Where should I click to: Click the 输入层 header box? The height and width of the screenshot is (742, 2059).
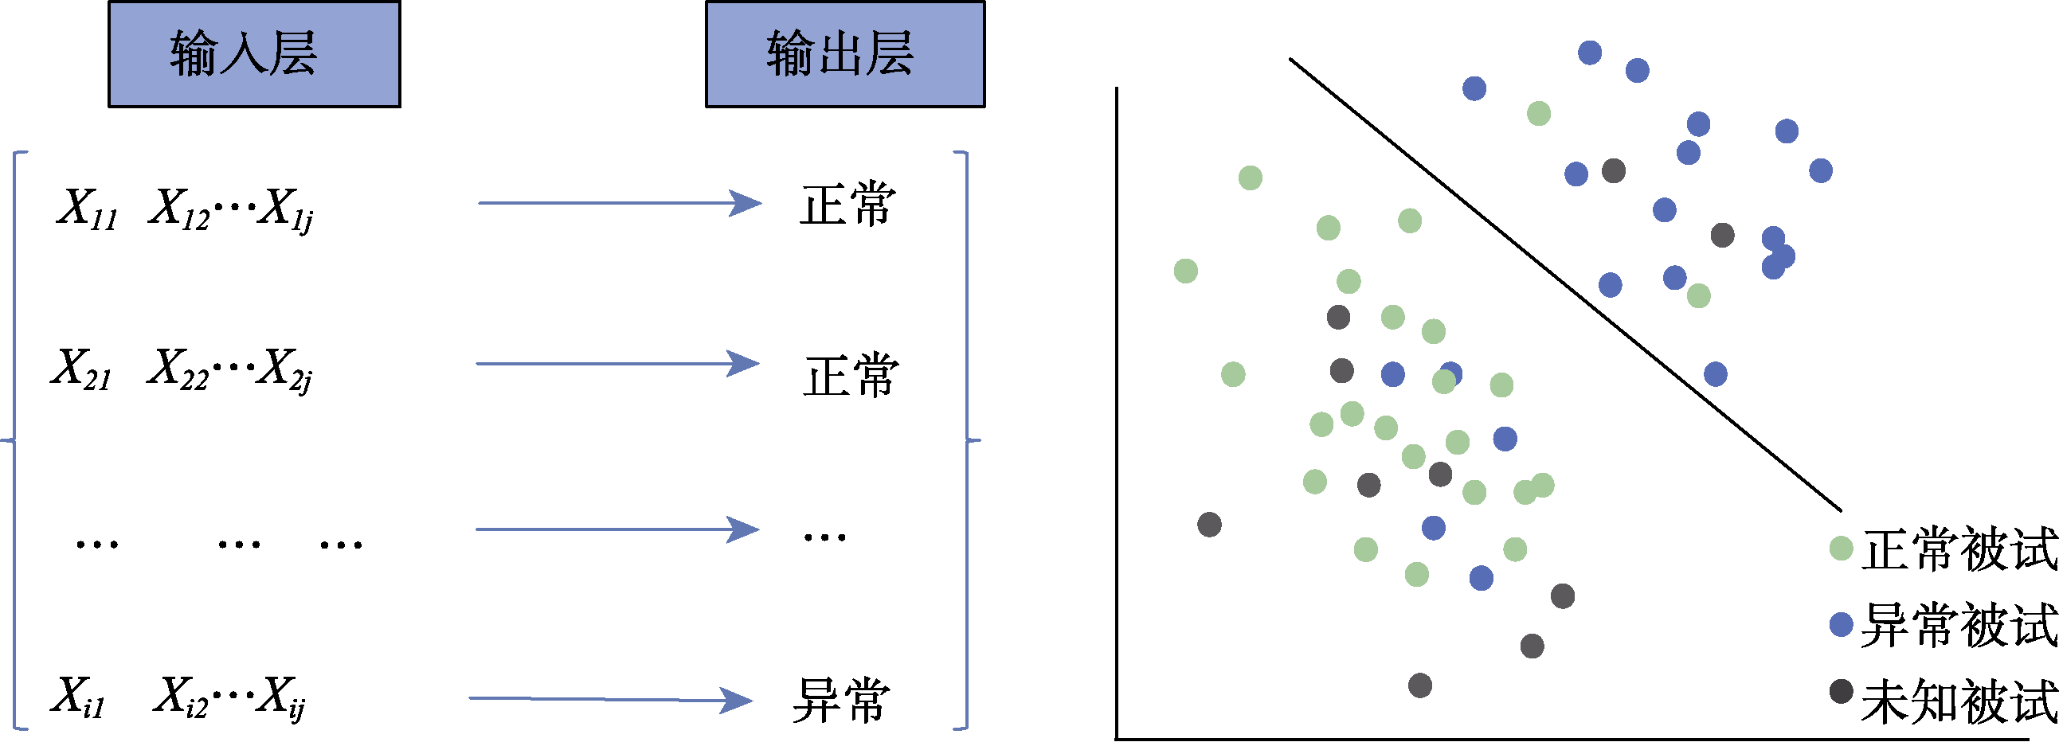pos(254,54)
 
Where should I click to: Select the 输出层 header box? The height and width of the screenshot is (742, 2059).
pos(845,54)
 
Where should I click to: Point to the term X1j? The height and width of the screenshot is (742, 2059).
pos(286,210)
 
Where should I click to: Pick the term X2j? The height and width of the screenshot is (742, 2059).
pos(286,370)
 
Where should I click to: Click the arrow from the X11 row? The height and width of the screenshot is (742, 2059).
pos(620,203)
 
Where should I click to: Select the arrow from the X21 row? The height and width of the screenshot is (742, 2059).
pos(617,364)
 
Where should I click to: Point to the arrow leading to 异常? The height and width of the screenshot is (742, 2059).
pos(611,700)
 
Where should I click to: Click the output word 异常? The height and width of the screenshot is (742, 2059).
pos(841,701)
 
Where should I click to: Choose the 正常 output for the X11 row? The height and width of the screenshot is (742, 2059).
pos(848,205)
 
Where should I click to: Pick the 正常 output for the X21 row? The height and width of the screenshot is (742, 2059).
pos(851,376)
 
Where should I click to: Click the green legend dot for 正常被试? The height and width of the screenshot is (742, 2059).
pos(1841,549)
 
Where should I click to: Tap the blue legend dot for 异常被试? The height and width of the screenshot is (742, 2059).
pos(1841,625)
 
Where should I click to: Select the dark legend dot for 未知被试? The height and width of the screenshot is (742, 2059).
pos(1841,691)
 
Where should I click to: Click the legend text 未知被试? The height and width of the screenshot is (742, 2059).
pos(1959,701)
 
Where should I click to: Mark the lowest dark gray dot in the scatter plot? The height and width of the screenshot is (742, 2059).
pos(1419,685)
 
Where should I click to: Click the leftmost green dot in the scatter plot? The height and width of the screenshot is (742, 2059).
pos(1185,271)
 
